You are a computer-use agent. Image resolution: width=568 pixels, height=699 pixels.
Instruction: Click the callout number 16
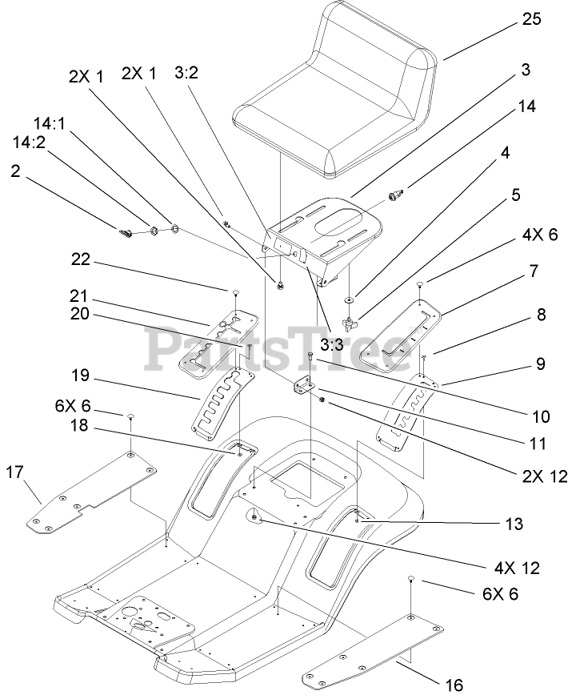pos(452,685)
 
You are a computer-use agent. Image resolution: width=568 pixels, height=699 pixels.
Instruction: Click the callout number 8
pos(542,315)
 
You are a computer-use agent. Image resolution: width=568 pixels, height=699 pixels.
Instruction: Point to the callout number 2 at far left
pos(15,170)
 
